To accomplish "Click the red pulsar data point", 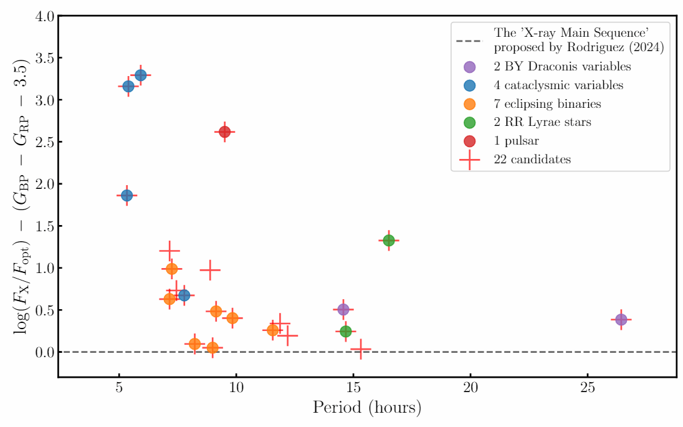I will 225,132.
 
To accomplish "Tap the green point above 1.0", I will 389,240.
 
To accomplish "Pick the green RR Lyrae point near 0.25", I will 346,331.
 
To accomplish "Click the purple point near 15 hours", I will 343,309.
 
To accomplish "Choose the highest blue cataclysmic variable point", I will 141,75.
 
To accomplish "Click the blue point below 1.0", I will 184,295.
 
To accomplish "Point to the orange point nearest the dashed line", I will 213,348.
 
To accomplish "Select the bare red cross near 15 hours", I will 360,349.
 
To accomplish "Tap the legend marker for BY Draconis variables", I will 470,67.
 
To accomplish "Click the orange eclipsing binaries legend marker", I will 470,104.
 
